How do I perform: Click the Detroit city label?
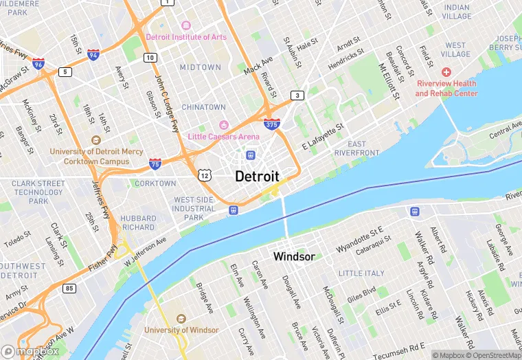click(257, 176)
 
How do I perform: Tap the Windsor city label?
click(294, 256)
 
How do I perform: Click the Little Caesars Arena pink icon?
click(223, 124)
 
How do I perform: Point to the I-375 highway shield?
click(271, 124)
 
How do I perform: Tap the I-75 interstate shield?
click(155, 164)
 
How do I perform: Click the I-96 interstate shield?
click(38, 64)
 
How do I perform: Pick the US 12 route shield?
click(204, 176)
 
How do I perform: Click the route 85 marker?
click(69, 288)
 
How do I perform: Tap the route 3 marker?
click(297, 95)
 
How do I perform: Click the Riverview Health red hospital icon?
click(446, 72)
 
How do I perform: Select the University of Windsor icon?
click(181, 319)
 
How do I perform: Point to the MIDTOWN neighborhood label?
click(201, 67)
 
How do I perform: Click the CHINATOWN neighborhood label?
click(203, 107)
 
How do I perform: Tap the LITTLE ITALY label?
click(362, 273)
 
